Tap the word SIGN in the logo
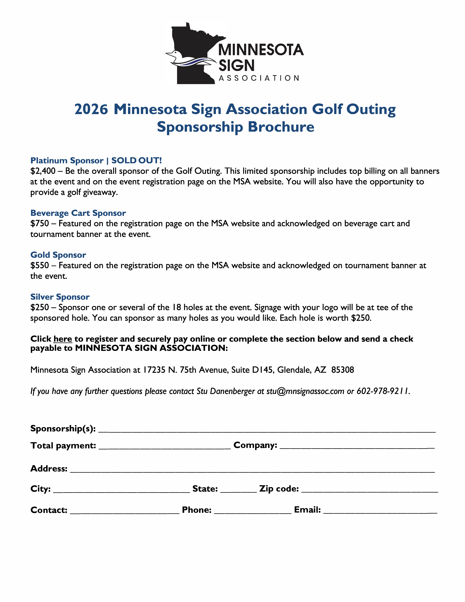coord(236,66)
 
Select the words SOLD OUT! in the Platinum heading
coord(136,160)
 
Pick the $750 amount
coord(40,224)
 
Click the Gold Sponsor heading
coord(58,255)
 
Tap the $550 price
coord(40,265)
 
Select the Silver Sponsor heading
coord(60,297)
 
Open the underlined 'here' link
coord(63,339)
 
